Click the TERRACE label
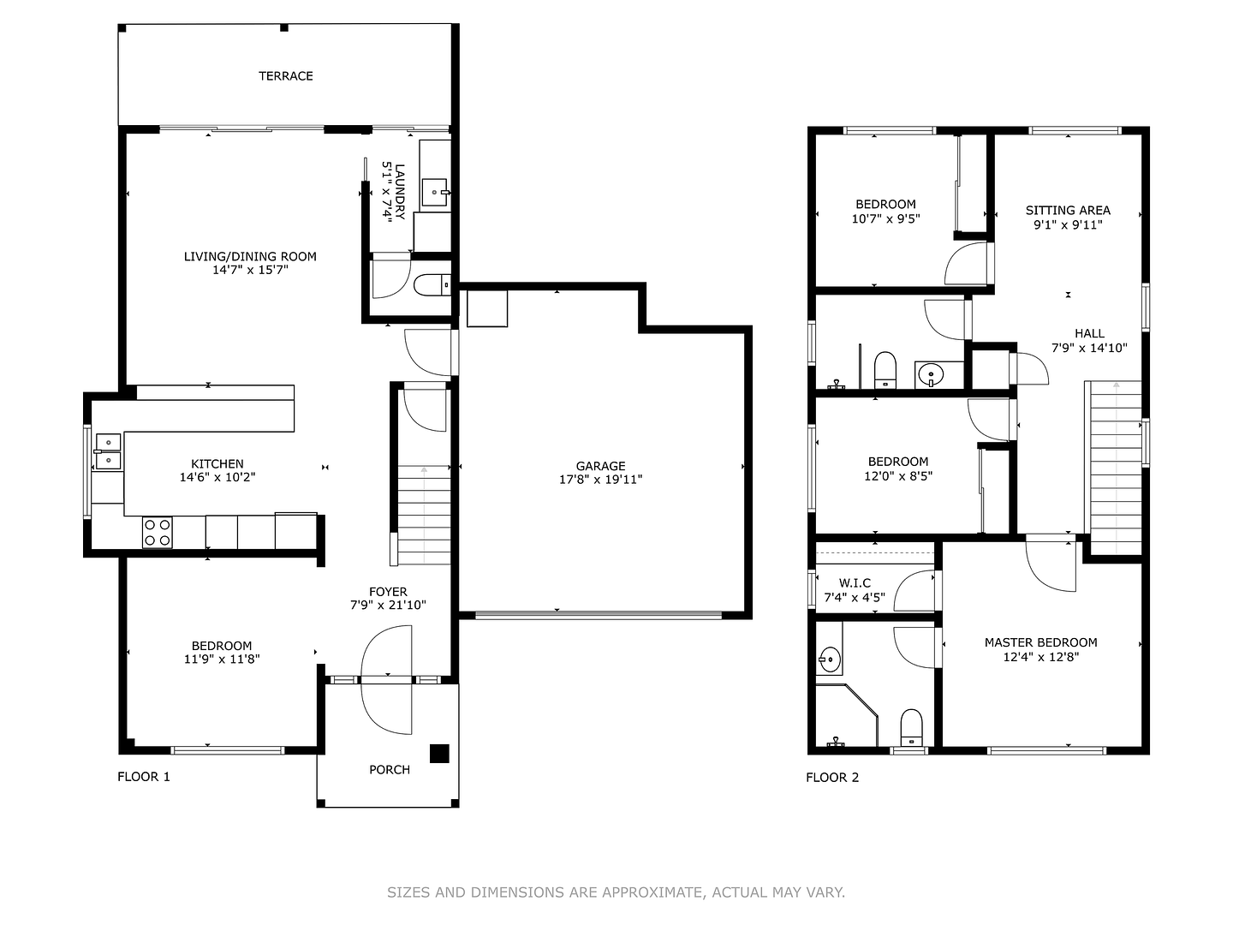[x=286, y=76]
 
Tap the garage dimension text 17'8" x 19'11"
[x=600, y=480]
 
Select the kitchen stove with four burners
[x=157, y=532]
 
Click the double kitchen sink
[x=108, y=451]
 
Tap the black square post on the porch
[x=439, y=753]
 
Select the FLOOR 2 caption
[x=832, y=778]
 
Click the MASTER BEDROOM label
[x=1040, y=642]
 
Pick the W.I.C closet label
[x=855, y=583]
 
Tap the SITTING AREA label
[x=1068, y=210]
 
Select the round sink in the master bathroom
[x=828, y=659]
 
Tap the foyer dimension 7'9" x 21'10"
[x=388, y=605]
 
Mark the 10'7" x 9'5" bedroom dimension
[x=885, y=218]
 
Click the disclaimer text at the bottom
[x=616, y=892]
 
